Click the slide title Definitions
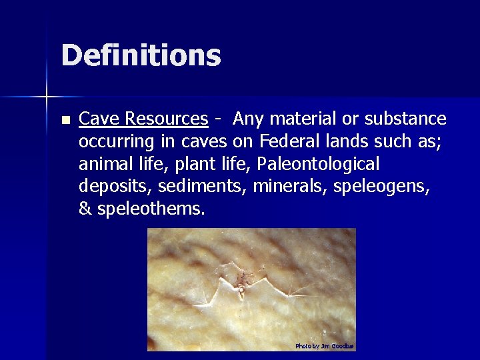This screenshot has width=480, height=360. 141,55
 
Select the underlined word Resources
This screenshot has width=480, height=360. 166,119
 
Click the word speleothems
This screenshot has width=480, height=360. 151,209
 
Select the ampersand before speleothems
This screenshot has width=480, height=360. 85,209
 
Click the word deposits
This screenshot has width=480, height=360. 110,187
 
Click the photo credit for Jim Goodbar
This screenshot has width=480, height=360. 325,346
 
